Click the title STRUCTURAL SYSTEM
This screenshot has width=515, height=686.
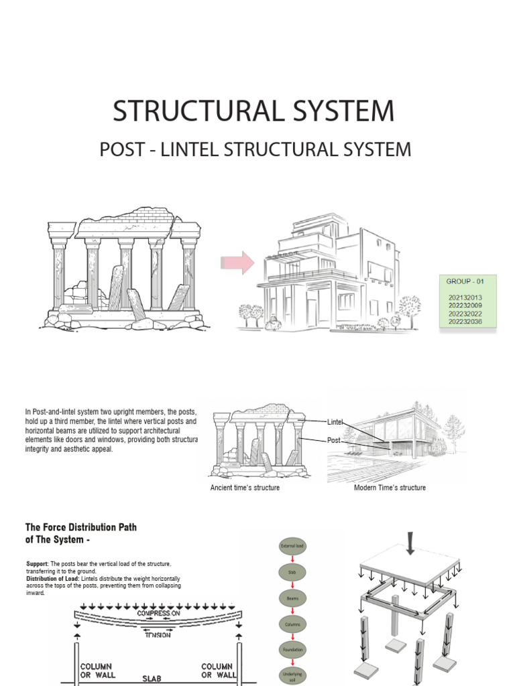tap(253, 111)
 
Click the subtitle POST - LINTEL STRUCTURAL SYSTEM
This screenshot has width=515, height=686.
tap(255, 149)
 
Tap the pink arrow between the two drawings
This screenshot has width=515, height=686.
tap(237, 263)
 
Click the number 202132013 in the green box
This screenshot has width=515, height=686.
tap(463, 297)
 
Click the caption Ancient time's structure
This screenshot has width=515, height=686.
tap(245, 488)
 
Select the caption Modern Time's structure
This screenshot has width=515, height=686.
tap(390, 488)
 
